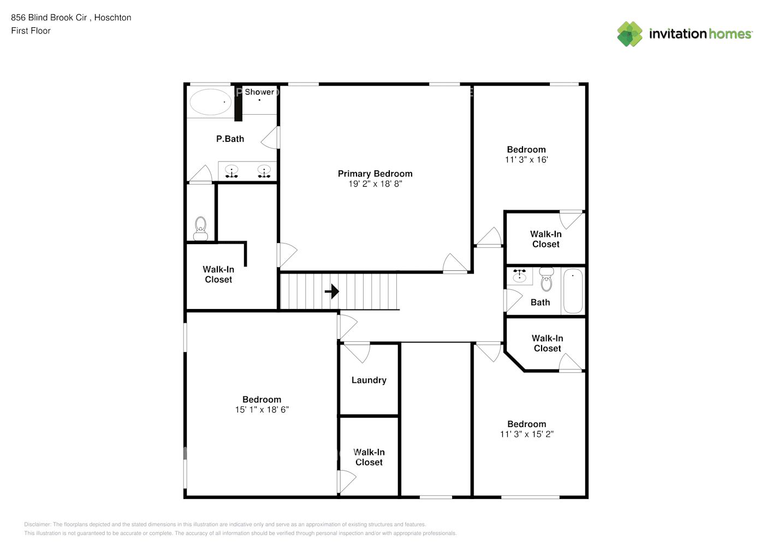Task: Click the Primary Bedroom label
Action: coord(375,174)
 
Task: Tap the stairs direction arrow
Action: coord(332,292)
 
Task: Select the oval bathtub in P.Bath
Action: coord(210,102)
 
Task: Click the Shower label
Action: coord(259,92)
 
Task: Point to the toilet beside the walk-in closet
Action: coord(201,229)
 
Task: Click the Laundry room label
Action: coord(369,380)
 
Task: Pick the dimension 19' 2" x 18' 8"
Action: coord(375,184)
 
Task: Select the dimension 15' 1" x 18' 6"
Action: coord(262,410)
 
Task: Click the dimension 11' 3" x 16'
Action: coord(526,160)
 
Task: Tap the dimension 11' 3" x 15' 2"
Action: coord(526,434)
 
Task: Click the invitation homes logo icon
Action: coord(630,34)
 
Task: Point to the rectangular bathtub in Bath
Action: coord(573,291)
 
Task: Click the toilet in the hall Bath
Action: coord(547,279)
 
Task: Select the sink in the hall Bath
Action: coord(519,276)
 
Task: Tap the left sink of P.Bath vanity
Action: coord(232,171)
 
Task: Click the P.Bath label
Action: coord(230,139)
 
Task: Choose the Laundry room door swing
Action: coord(358,352)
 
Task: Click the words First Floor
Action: coord(31,31)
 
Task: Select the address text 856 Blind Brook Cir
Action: coord(49,17)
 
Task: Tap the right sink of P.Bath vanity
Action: coord(264,171)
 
